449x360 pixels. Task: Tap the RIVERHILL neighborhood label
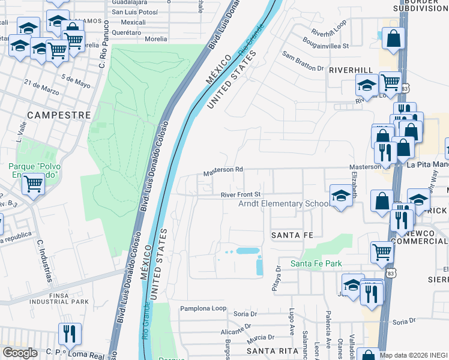click(351, 70)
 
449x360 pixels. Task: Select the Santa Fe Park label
click(316, 263)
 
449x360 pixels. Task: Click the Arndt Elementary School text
click(284, 204)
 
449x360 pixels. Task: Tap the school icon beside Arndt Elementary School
click(341, 196)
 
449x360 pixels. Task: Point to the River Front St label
click(240, 194)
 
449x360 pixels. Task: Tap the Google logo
click(19, 353)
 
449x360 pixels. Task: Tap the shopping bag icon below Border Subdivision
click(393, 39)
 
